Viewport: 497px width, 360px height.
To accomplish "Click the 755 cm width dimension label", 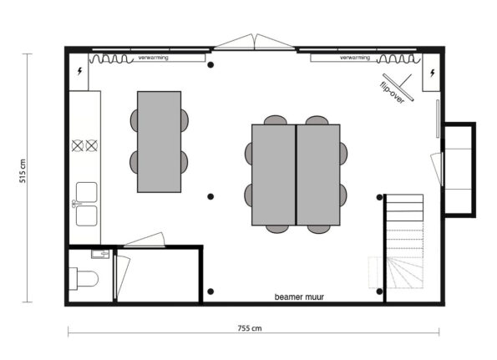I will click(250, 328).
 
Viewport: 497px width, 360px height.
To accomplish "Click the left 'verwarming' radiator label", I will click(152, 58).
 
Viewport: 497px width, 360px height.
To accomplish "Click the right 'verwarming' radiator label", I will click(356, 58).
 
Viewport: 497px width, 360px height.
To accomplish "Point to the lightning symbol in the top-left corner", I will click(79, 72).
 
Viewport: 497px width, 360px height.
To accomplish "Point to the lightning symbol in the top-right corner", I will click(431, 73).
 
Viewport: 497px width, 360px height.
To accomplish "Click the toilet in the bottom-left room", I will click(84, 276).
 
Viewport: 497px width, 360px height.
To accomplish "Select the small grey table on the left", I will click(159, 141).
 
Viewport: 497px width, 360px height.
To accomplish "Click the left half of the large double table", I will click(273, 175).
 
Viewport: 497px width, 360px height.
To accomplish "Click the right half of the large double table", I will click(318, 175).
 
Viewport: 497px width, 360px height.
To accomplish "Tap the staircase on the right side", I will click(406, 242).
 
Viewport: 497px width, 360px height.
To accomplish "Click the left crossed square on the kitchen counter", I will click(79, 145).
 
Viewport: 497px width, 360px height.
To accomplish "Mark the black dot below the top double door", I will click(211, 64).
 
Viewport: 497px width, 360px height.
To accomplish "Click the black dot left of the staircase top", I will click(377, 197).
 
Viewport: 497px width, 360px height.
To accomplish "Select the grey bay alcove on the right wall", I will click(458, 170).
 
